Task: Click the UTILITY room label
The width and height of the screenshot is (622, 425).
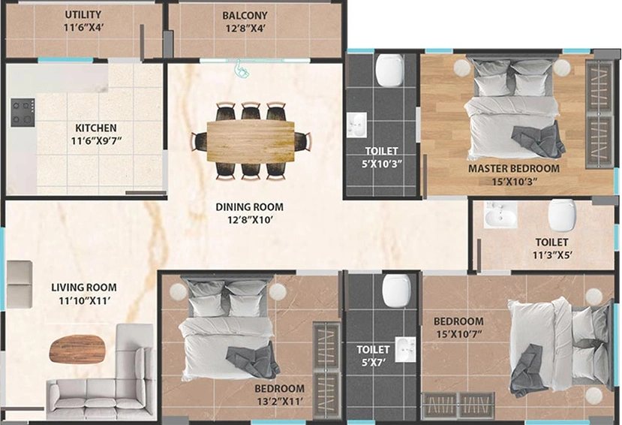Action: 83,15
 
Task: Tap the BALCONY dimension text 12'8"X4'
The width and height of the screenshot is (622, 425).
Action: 245,29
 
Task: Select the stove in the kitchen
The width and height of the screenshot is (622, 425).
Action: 23,113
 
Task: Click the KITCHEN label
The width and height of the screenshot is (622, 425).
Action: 96,128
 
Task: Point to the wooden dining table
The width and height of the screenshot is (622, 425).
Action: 251,141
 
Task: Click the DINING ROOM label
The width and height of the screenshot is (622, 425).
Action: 250,206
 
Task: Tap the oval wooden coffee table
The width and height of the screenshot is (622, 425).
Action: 78,349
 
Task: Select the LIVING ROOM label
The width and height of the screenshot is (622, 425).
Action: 84,288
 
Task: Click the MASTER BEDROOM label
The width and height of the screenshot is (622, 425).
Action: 514,168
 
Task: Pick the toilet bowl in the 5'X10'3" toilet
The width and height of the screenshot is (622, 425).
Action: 389,70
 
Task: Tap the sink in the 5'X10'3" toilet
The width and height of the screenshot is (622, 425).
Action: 356,125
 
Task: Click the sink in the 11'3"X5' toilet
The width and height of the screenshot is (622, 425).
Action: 500,214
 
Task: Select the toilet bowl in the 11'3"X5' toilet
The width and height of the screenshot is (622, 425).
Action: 562,215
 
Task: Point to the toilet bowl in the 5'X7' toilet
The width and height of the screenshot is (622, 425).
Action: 396,291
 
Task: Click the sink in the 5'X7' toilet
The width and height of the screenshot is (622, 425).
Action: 405,350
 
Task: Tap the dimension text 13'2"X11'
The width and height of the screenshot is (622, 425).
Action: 280,402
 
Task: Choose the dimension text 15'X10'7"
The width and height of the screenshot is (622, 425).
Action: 459,334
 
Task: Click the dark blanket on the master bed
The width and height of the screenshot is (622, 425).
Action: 538,140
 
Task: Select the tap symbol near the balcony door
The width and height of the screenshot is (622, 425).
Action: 241,68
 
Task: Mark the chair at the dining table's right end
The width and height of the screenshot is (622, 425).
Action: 302,142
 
